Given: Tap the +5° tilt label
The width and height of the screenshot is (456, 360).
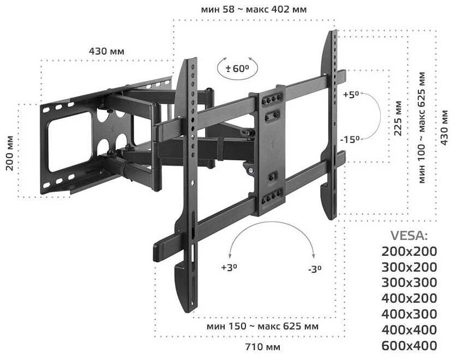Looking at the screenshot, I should [x=351, y=94].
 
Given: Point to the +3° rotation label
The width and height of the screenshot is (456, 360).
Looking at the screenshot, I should [x=229, y=268].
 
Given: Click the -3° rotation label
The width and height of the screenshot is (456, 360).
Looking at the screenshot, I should [x=314, y=269].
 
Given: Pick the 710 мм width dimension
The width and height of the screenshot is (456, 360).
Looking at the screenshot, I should [x=263, y=347].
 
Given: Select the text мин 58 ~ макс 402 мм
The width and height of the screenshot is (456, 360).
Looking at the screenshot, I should [x=254, y=10].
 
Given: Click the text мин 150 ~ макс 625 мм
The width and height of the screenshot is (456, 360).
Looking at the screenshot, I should [x=263, y=326].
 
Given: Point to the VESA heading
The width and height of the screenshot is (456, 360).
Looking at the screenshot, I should [x=410, y=236].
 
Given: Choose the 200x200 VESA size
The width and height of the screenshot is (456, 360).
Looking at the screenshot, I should [x=409, y=251].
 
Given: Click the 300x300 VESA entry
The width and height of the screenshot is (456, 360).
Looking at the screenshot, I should [x=409, y=283].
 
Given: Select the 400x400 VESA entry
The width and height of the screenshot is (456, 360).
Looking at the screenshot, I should [x=409, y=329].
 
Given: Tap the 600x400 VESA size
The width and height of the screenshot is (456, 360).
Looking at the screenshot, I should [x=409, y=345].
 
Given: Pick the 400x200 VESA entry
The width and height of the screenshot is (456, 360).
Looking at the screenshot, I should [x=409, y=298].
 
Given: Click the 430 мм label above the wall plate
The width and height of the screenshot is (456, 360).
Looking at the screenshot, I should [x=106, y=51].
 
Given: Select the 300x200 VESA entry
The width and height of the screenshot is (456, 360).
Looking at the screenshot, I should [x=409, y=267].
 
